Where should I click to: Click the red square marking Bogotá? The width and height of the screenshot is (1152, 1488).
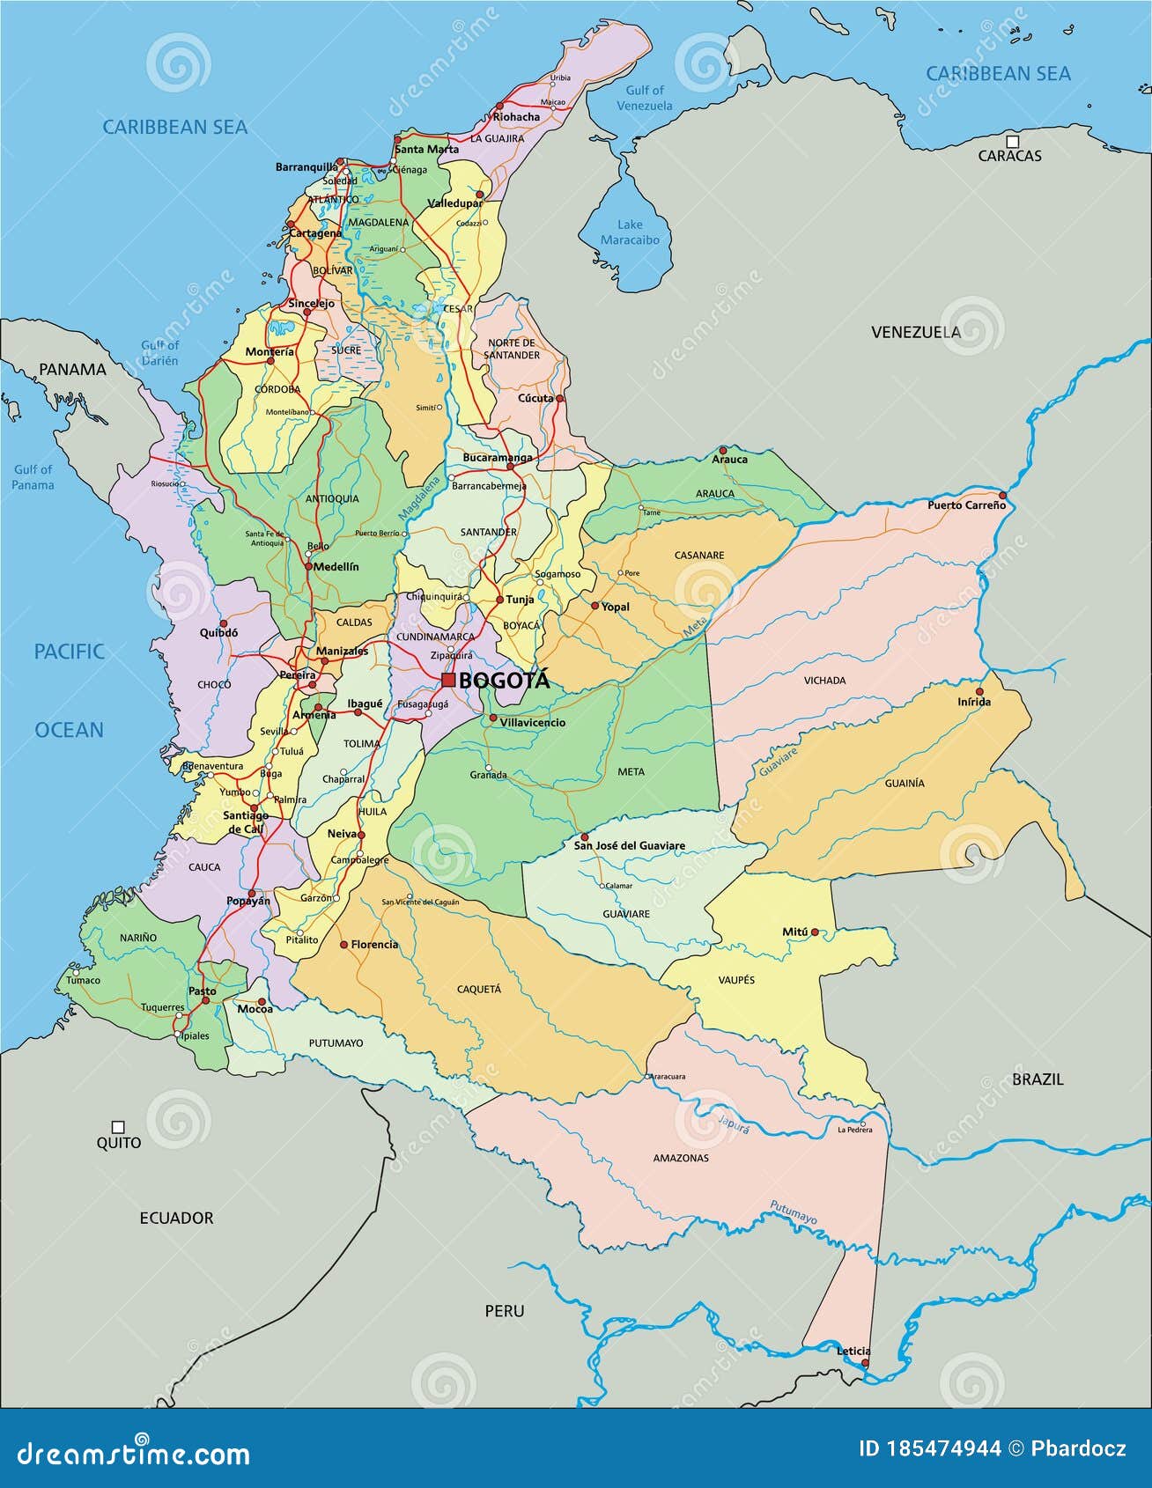[448, 680]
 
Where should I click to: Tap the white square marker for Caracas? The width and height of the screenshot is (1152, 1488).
[1013, 141]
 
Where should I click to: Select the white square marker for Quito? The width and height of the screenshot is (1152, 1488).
[118, 1127]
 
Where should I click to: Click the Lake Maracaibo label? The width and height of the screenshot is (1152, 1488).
[630, 232]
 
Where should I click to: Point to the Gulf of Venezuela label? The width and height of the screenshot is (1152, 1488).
[645, 98]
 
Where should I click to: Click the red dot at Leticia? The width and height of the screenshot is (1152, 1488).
[865, 1363]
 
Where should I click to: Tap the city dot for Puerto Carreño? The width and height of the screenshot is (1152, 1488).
[1002, 495]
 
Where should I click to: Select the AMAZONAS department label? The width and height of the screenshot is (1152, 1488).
[681, 1158]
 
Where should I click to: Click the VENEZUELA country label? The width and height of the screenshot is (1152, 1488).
[916, 332]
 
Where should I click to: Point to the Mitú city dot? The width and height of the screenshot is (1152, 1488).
[815, 932]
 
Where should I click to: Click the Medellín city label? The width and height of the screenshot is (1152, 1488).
[336, 567]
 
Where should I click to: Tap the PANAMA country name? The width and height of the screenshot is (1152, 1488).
[72, 370]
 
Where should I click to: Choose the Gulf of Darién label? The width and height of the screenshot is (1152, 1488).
[160, 352]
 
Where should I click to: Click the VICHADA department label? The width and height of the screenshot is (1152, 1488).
[824, 681]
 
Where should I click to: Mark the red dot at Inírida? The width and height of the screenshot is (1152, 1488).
[979, 691]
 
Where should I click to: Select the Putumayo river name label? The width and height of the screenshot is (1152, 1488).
[794, 1212]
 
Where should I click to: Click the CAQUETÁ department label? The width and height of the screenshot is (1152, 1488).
[479, 989]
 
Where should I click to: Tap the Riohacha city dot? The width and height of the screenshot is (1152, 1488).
[499, 106]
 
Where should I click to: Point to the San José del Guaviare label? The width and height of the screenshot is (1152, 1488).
[629, 846]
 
